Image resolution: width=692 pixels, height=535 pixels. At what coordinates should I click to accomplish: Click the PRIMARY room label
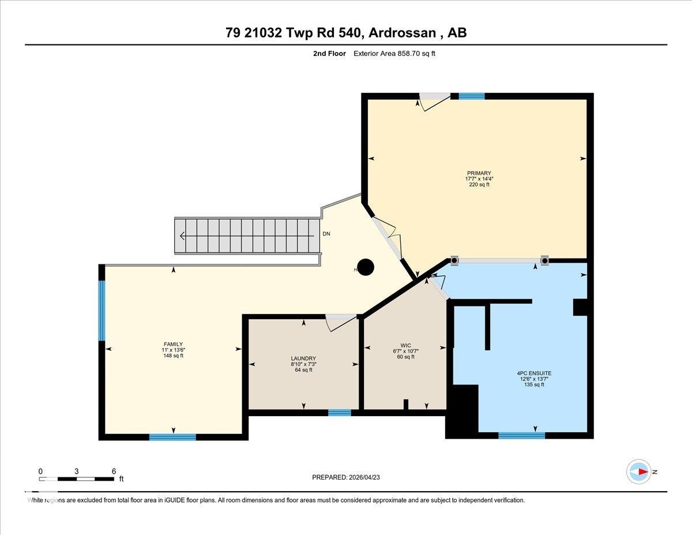pyautogui.click(x=479, y=173)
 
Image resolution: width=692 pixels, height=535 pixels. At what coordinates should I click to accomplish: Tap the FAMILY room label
pyautogui.click(x=173, y=344)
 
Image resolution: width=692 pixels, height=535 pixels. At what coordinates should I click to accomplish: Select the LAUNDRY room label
pyautogui.click(x=303, y=358)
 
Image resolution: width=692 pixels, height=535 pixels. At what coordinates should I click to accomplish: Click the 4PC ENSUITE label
pyautogui.click(x=534, y=373)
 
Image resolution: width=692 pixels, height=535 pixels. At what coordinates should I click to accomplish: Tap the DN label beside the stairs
pyautogui.click(x=326, y=234)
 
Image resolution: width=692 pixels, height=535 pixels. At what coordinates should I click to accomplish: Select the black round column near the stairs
pyautogui.click(x=366, y=267)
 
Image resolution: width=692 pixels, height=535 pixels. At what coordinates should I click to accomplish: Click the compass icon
pyautogui.click(x=638, y=472)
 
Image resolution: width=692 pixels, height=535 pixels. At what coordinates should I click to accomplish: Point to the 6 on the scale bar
pyautogui.click(x=114, y=471)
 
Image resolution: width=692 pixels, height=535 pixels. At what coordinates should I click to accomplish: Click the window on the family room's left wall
pyautogui.click(x=102, y=310)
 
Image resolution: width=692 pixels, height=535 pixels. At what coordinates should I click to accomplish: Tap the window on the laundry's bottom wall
pyautogui.click(x=340, y=412)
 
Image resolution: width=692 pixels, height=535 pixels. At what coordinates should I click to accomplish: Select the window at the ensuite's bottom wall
pyautogui.click(x=521, y=435)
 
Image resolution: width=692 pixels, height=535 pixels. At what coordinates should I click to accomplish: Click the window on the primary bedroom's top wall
pyautogui.click(x=471, y=96)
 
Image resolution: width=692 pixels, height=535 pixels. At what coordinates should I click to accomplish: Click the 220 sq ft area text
pyautogui.click(x=479, y=185)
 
